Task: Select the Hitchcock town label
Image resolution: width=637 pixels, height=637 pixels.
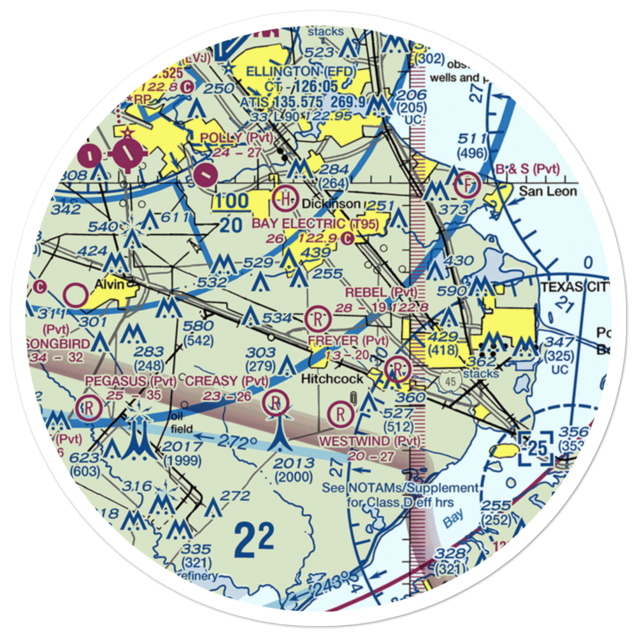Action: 332,378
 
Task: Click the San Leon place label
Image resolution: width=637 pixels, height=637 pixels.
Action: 548,191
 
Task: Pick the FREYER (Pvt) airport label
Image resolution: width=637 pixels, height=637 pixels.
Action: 348,341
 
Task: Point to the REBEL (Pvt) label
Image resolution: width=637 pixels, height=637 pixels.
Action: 382,292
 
